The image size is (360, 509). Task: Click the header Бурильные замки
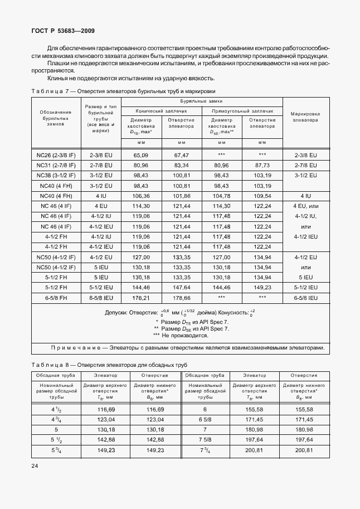[x=201, y=101]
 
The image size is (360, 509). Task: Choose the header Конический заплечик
[x=162, y=111]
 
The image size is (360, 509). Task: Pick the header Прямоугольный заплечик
[x=242, y=111]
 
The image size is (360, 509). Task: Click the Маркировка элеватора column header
[x=305, y=117]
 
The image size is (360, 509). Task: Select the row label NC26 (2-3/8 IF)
[x=56, y=155]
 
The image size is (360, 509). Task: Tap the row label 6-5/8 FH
[x=56, y=298]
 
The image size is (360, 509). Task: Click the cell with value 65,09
[x=141, y=155]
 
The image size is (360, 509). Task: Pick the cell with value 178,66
[x=182, y=298]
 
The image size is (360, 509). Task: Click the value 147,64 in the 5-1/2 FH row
[x=182, y=287]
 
